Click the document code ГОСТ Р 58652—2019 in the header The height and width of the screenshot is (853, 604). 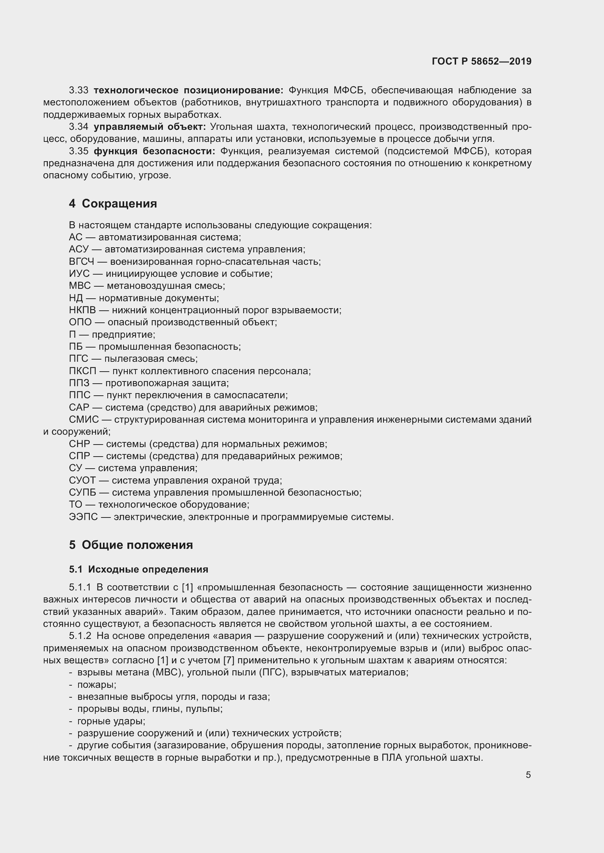point(482,61)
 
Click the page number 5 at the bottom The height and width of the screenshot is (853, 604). point(528,775)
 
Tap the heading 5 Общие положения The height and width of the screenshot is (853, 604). point(131,545)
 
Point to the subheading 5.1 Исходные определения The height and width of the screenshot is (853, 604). point(138,570)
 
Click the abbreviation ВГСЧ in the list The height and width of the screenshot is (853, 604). point(81,261)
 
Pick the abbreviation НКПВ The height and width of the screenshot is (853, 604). point(82,310)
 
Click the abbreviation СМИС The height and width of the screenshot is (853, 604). point(84,419)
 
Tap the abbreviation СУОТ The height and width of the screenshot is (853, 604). point(82,480)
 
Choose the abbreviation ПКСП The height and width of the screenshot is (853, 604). point(83,371)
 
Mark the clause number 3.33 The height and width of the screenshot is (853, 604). point(79,90)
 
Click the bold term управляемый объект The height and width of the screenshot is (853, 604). point(149,127)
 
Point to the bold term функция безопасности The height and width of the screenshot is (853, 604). point(154,151)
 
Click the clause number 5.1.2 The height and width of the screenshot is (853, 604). point(80,636)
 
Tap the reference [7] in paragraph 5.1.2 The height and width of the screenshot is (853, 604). point(228,660)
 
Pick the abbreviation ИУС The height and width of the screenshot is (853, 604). point(79,274)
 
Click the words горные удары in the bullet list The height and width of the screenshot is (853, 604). point(111,721)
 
